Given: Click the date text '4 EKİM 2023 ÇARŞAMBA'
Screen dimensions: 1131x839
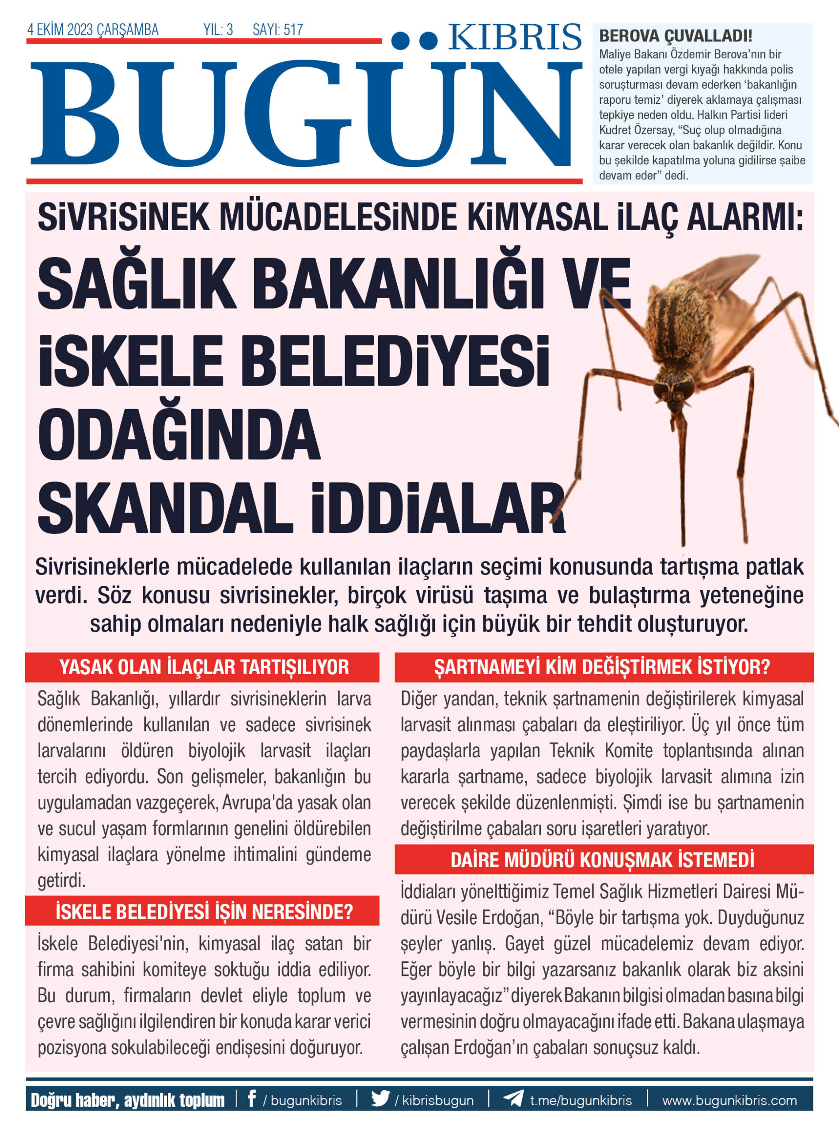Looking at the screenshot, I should [x=93, y=30].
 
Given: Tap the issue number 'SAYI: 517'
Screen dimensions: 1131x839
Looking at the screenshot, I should [x=277, y=30].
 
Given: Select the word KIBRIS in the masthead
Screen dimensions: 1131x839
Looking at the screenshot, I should [x=514, y=38].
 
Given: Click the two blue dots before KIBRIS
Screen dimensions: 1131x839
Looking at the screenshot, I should [x=414, y=40].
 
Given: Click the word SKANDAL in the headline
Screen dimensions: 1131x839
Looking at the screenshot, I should [x=165, y=509].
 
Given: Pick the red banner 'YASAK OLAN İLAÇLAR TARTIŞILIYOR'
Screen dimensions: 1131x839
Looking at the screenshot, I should [x=202, y=667].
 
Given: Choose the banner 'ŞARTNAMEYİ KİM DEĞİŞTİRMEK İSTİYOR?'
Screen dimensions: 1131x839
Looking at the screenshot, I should [x=604, y=667].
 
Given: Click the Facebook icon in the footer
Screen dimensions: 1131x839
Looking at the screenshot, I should [x=251, y=1100].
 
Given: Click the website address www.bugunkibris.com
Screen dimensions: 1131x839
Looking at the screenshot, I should [x=729, y=1101].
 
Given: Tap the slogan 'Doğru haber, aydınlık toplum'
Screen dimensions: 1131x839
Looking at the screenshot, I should [x=128, y=1100].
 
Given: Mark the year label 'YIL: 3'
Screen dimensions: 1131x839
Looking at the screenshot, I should [x=218, y=30].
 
